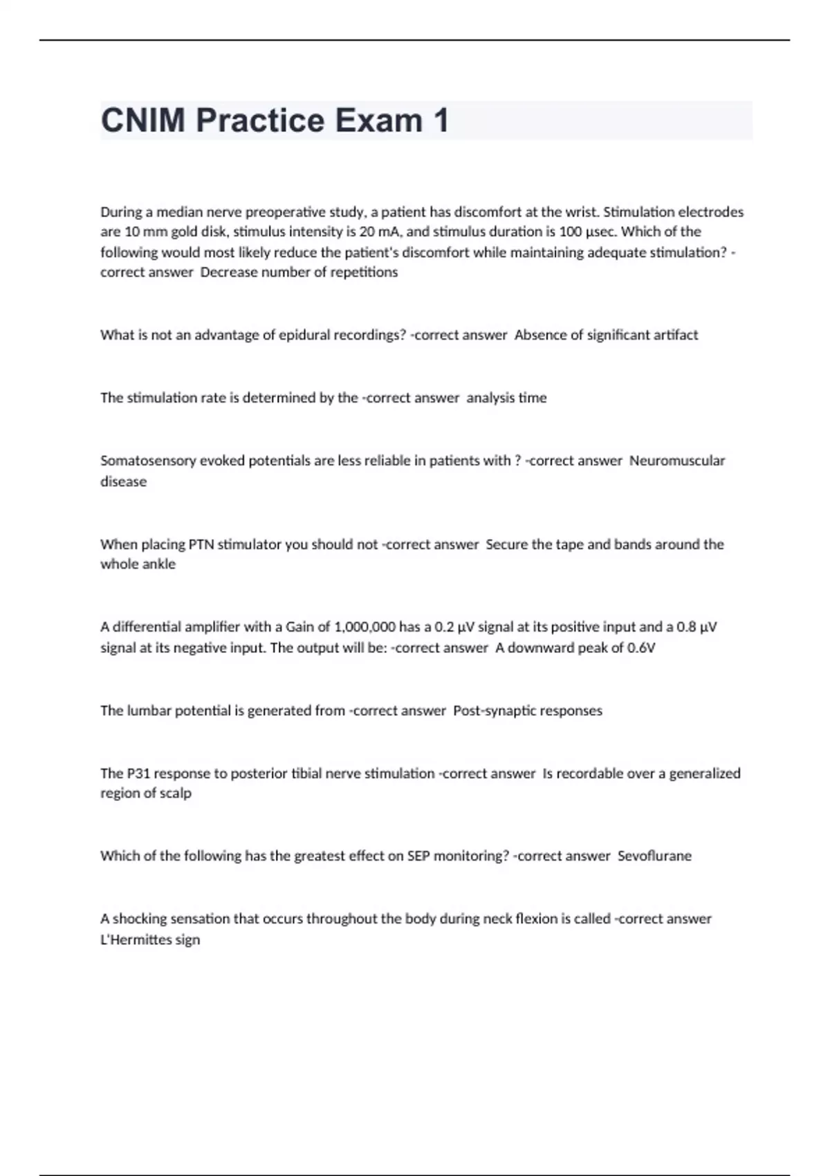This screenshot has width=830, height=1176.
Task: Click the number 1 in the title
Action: pos(441,120)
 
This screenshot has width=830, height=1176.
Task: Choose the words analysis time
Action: pos(506,398)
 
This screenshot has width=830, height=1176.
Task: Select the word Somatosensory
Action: pos(148,461)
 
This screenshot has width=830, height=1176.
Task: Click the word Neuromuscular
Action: pos(677,461)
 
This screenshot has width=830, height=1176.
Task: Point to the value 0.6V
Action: pos(641,648)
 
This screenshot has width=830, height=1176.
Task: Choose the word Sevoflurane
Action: pos(654,856)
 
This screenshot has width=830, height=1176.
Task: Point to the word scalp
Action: pos(176,793)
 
